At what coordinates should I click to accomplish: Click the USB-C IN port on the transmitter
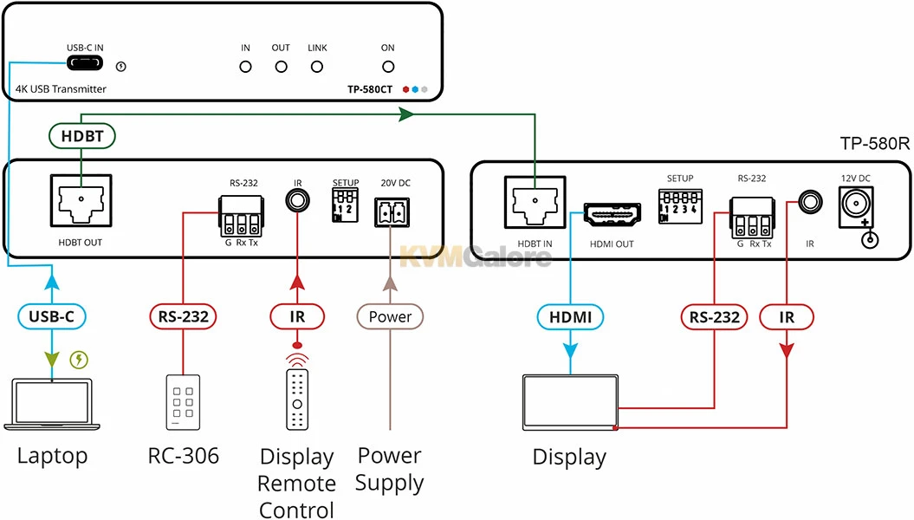(85, 64)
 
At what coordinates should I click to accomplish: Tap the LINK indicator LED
(317, 66)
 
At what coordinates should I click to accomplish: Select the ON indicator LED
(388, 66)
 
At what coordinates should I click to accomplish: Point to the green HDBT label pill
(81, 136)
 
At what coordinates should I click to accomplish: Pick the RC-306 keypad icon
(183, 402)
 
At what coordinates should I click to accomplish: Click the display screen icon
(569, 401)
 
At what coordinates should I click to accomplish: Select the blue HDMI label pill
(570, 317)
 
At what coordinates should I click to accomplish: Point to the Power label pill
(390, 316)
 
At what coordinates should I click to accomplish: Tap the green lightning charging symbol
(80, 359)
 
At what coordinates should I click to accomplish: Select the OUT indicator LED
(281, 66)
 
